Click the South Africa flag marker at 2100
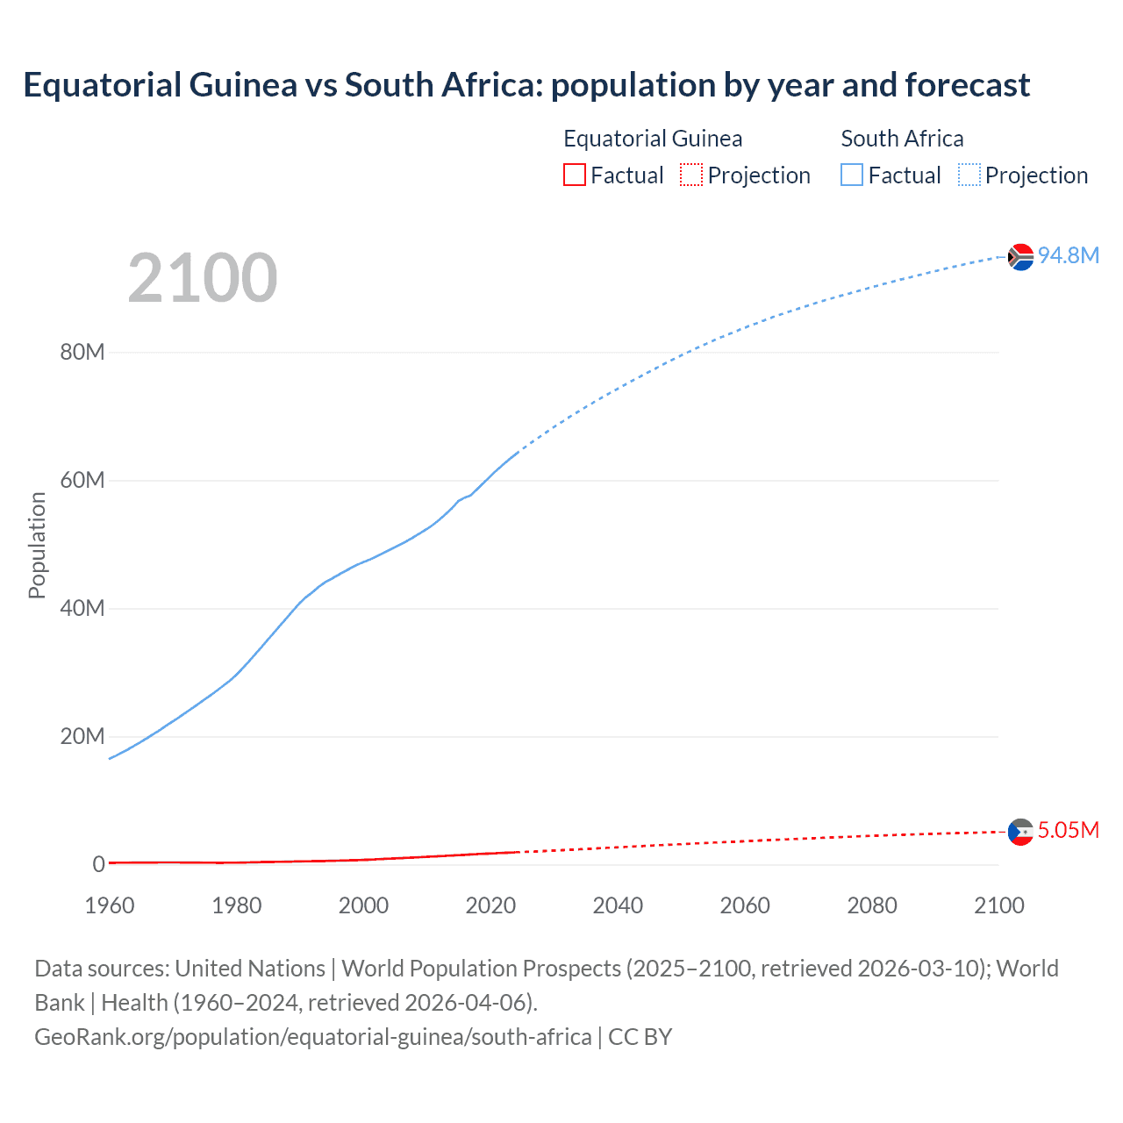tap(1020, 257)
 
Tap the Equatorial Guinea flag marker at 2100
tap(1020, 832)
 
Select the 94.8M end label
tap(1068, 255)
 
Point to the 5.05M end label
tap(1068, 830)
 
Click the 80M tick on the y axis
tap(82, 353)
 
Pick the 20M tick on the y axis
tap(82, 736)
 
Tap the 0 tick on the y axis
tap(99, 864)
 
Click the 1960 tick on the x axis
tap(110, 905)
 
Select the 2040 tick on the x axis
tap(618, 905)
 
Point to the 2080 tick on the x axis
tap(872, 905)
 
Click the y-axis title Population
tap(37, 545)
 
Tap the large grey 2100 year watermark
tap(203, 278)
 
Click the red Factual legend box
tap(575, 175)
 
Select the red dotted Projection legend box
tap(691, 175)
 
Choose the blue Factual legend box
tap(852, 175)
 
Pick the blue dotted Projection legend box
tap(969, 175)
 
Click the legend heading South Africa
tap(902, 139)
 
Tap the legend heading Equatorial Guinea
tap(653, 139)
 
